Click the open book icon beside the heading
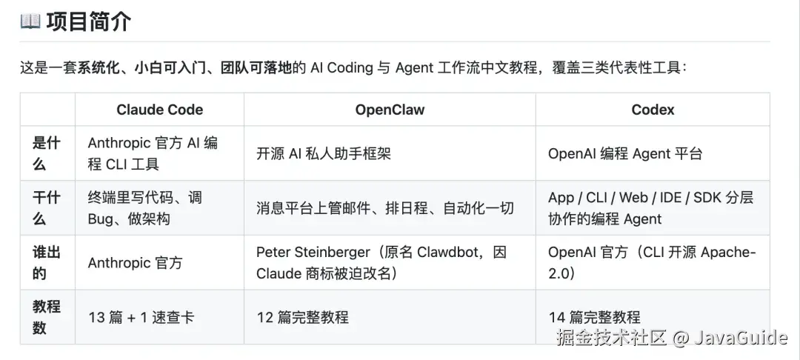pyautogui.click(x=30, y=22)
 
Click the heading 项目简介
pyautogui.click(x=89, y=22)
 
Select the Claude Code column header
pyautogui.click(x=160, y=110)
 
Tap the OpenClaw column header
pyautogui.click(x=390, y=110)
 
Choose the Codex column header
pyautogui.click(x=653, y=110)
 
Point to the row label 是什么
pyautogui.click(x=47, y=153)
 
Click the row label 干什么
pyautogui.click(x=47, y=208)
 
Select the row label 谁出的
pyautogui.click(x=47, y=263)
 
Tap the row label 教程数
pyautogui.click(x=47, y=317)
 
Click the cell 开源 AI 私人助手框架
pyautogui.click(x=324, y=153)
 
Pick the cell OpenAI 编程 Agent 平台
pyautogui.click(x=625, y=153)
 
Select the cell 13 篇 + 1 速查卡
pyautogui.click(x=141, y=317)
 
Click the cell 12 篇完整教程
pyautogui.click(x=302, y=317)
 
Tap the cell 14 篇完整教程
pyautogui.click(x=594, y=317)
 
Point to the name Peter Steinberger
pyautogui.click(x=313, y=252)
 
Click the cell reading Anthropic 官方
pyautogui.click(x=136, y=263)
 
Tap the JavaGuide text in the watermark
pyautogui.click(x=741, y=337)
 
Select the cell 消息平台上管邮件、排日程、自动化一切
pyautogui.click(x=384, y=208)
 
